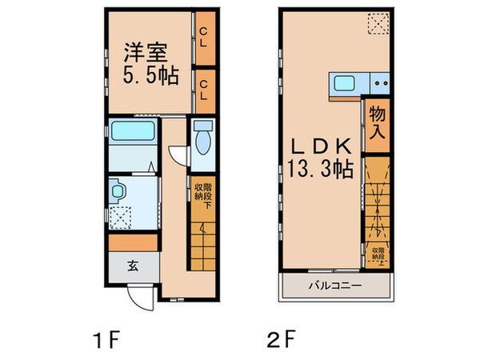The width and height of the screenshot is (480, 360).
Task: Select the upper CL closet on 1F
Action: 204,38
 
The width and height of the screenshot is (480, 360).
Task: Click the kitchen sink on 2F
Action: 346,82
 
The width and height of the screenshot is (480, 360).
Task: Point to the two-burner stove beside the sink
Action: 378,82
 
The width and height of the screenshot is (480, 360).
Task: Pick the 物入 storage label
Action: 377,125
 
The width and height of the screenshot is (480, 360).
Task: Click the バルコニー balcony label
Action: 336,286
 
